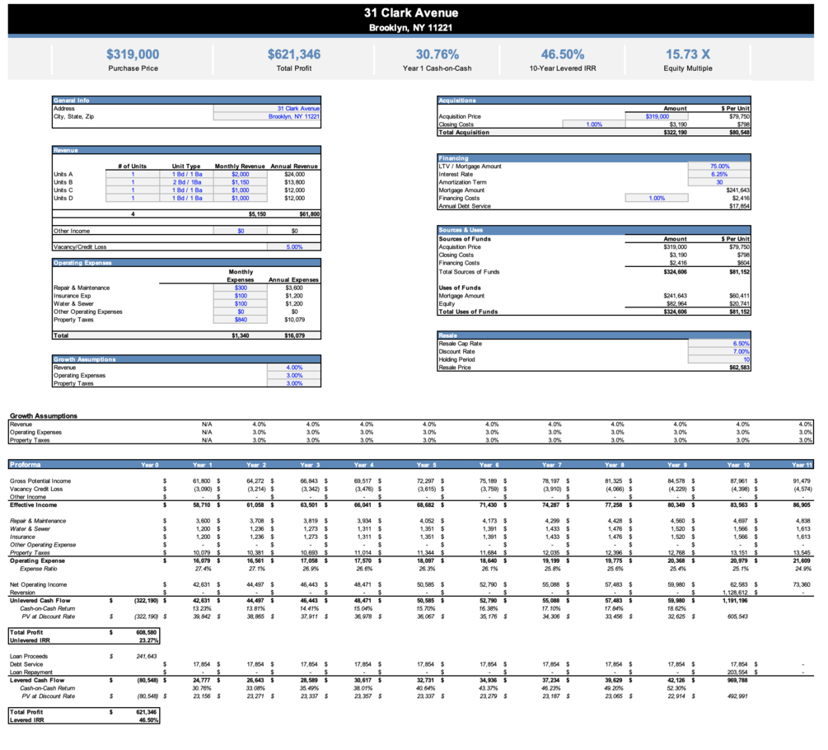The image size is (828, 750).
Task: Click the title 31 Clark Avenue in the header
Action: coord(412,12)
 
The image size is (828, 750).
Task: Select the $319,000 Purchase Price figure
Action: coord(133,54)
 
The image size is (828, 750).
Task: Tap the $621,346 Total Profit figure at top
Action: coord(294,54)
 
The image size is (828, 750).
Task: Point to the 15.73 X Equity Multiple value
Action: coord(687,54)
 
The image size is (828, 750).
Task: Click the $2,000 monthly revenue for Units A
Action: coord(240,175)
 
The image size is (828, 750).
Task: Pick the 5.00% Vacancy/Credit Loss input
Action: coord(292,246)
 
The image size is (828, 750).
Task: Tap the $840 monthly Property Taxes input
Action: coord(240,320)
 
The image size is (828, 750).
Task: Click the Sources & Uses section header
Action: coord(461,230)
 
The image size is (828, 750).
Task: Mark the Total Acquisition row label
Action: coord(465,132)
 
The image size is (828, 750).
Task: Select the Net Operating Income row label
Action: coord(39,584)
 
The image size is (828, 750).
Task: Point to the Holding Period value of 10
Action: coord(746,359)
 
